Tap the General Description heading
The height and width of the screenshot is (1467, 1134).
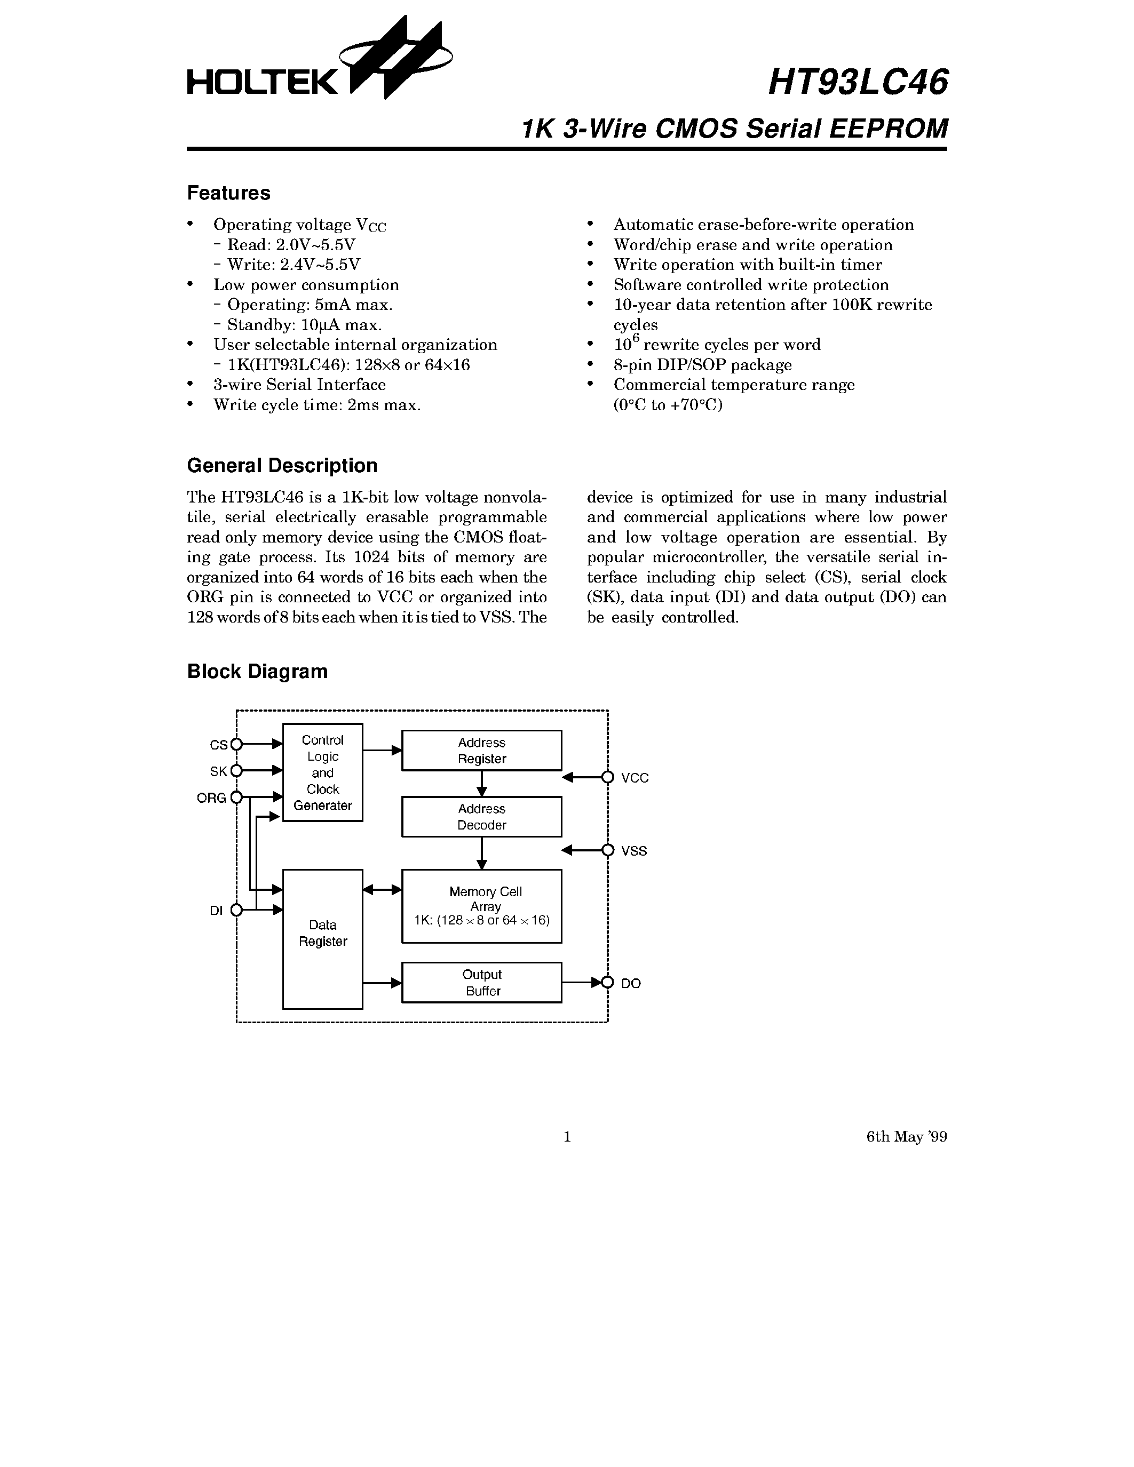point(282,466)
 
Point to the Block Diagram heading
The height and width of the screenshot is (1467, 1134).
point(257,671)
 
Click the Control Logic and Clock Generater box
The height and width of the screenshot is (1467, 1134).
point(322,772)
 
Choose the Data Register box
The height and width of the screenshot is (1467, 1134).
point(322,939)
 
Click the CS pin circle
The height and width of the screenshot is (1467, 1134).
point(236,744)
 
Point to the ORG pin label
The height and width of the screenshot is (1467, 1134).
point(211,798)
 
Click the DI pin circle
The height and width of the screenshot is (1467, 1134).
point(236,910)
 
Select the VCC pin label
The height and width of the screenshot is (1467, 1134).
point(635,778)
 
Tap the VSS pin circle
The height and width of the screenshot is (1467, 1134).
point(608,850)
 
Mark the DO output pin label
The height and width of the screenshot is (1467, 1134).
point(631,983)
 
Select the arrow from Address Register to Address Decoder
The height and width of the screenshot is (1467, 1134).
point(482,783)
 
